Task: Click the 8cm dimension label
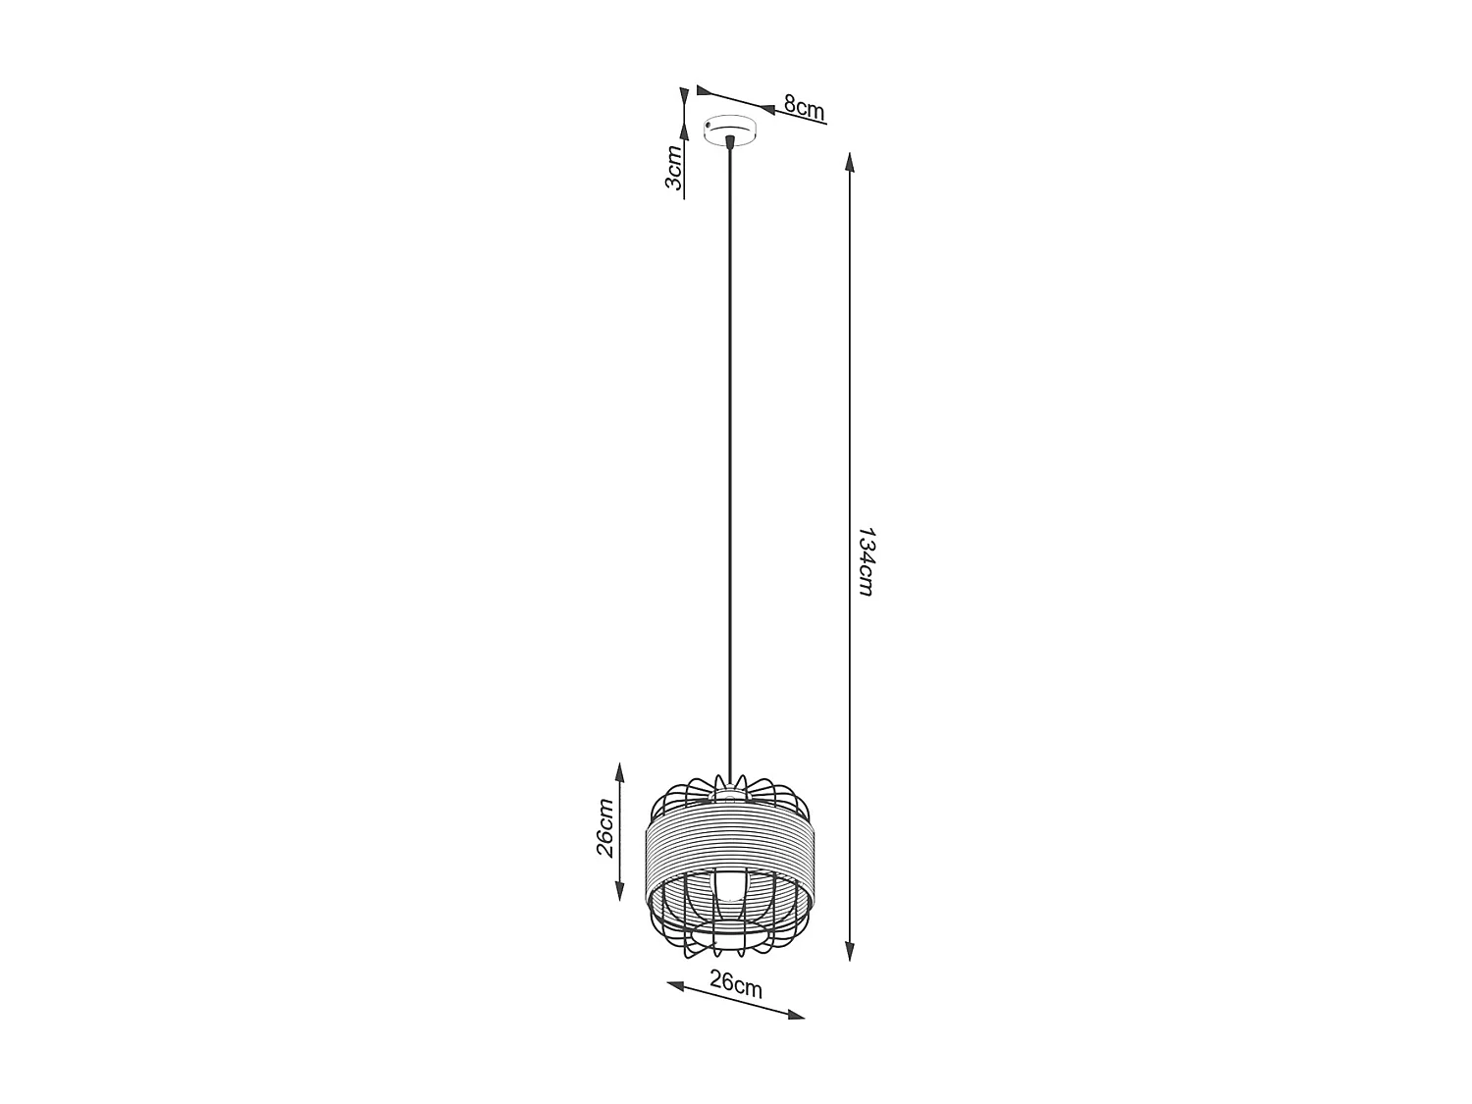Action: [804, 108]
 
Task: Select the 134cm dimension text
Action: [865, 561]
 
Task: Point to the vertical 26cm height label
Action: [605, 827]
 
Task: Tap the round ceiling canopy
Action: [731, 130]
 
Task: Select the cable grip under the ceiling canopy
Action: [729, 144]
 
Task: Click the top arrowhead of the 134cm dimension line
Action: [851, 162]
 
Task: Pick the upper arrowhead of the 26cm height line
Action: [619, 770]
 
